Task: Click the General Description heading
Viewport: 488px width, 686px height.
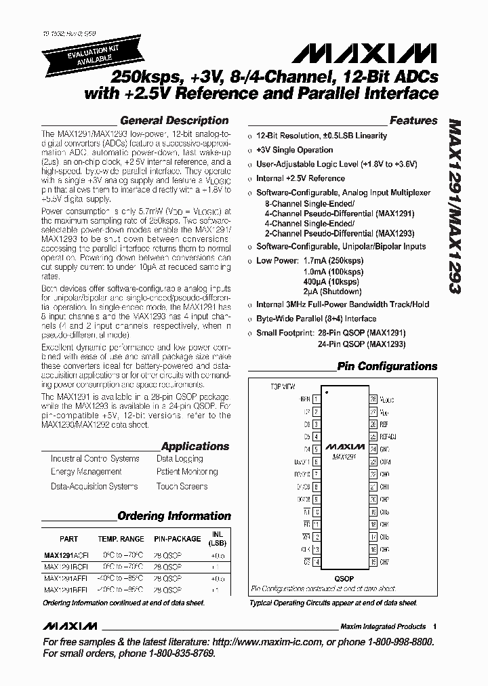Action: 174,121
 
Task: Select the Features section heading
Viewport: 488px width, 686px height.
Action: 413,121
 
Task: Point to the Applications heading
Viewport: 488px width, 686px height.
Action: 195,446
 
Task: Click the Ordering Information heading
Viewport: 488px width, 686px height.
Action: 174,516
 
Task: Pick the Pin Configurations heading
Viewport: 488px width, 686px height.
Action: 388,367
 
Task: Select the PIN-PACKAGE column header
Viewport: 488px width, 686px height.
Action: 176,539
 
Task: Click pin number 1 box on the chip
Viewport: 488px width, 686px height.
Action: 316,399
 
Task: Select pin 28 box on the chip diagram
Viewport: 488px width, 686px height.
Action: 373,399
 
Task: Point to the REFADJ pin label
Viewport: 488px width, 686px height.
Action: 387,437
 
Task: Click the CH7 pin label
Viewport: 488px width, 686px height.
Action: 384,562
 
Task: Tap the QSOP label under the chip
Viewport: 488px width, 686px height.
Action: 344,579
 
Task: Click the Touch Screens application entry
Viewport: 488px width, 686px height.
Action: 182,486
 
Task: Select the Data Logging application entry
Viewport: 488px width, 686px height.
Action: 179,459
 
